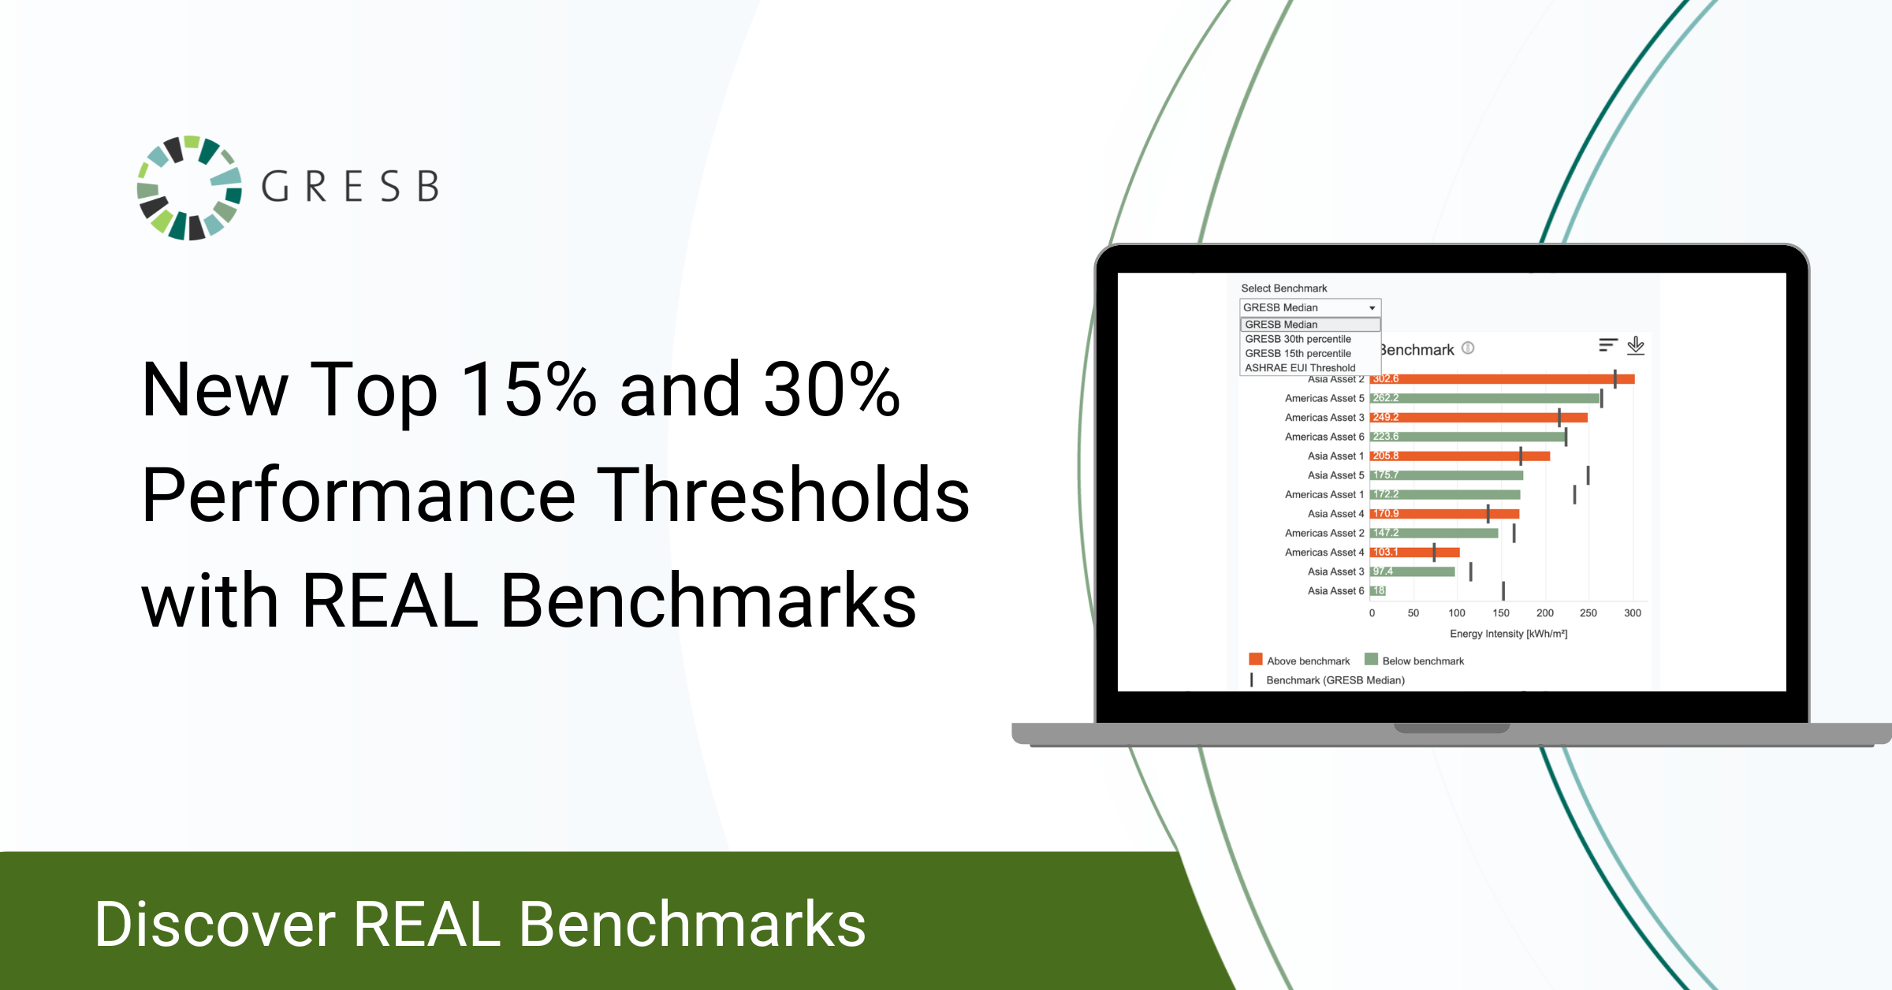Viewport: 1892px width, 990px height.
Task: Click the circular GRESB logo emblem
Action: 189,188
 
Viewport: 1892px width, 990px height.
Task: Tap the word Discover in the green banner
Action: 215,924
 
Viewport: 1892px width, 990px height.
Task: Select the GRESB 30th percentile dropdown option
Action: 1298,339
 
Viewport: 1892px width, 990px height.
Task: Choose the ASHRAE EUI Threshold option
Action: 1300,367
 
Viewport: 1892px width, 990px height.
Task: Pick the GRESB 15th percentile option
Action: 1298,353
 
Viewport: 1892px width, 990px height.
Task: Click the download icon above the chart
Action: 1636,345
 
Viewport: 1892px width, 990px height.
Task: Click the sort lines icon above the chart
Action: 1608,345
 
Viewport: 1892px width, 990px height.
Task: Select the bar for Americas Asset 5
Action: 1484,398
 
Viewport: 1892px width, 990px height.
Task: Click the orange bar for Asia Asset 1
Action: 1460,456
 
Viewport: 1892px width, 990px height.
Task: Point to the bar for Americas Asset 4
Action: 1415,552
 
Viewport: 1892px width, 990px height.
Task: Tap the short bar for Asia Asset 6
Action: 1378,590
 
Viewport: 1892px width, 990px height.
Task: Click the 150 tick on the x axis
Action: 1501,612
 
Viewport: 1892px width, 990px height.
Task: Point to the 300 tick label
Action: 1633,612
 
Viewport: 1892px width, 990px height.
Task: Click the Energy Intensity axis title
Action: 1508,634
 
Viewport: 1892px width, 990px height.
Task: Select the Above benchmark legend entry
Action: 1299,661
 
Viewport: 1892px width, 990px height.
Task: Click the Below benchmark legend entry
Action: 1414,661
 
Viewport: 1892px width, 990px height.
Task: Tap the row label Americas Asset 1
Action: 1324,494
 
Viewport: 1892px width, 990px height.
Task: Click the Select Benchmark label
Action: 1283,288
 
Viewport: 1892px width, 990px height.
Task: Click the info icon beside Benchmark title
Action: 1468,348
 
